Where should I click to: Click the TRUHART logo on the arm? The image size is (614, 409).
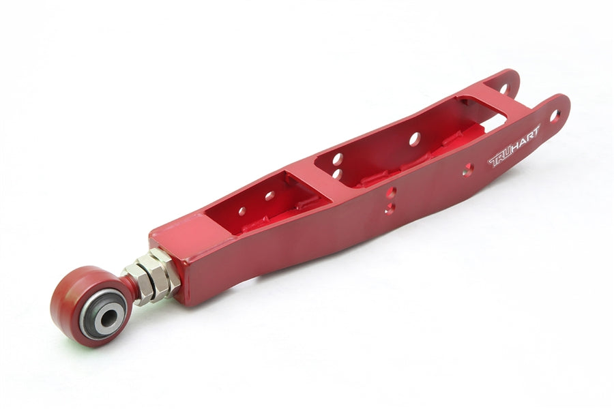[514, 146]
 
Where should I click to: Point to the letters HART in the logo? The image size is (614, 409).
[525, 138]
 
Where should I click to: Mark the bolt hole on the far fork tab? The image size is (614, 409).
[505, 88]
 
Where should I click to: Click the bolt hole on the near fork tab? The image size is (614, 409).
[554, 115]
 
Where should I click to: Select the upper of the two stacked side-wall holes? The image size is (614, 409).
[390, 193]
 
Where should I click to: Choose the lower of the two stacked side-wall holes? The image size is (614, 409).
[390, 209]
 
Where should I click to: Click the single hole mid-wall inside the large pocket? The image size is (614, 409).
[414, 138]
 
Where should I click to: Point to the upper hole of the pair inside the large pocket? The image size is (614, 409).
[337, 159]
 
